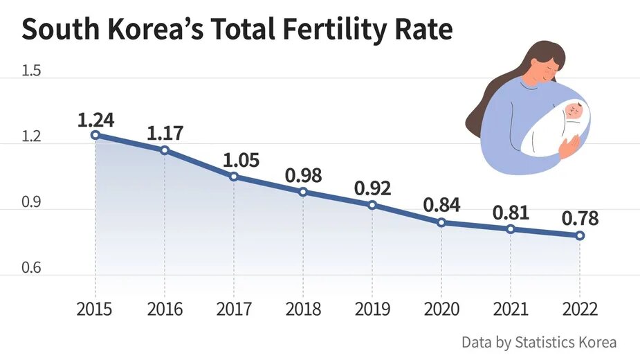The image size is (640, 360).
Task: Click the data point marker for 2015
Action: (x=95, y=135)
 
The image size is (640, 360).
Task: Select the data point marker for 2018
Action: (x=303, y=191)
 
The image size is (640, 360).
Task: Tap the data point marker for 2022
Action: (x=580, y=235)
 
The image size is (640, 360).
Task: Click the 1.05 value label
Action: (x=241, y=161)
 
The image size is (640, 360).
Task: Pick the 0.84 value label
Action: (x=441, y=206)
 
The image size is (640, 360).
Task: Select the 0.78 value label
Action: (x=580, y=219)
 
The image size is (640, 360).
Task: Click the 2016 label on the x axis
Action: (x=165, y=309)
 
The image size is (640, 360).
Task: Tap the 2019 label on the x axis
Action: (x=372, y=309)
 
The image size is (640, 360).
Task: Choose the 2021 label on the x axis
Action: (x=511, y=309)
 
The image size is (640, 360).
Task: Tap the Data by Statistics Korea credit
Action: (x=539, y=342)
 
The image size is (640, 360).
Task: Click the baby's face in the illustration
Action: (x=574, y=111)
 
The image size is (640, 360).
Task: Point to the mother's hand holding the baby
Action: (x=569, y=147)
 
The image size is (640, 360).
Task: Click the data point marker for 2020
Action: (x=441, y=222)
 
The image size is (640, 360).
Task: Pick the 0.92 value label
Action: (x=372, y=188)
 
